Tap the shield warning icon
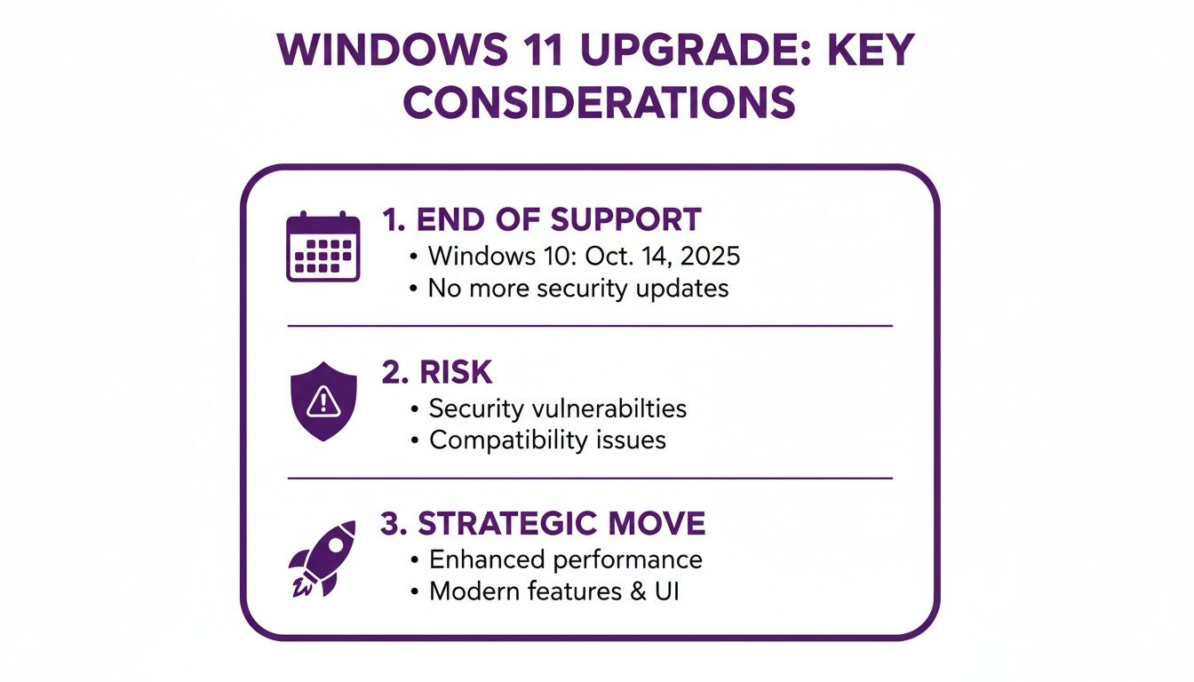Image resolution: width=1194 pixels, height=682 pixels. click(323, 401)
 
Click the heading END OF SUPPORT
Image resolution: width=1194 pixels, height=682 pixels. click(541, 219)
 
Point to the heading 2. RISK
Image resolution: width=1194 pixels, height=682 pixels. click(436, 373)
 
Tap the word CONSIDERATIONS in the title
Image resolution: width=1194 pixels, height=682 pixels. click(598, 104)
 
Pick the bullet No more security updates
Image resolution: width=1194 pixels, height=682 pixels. click(578, 288)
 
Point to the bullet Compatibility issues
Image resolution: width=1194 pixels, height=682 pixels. click(547, 440)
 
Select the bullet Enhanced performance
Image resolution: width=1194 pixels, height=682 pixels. click(565, 559)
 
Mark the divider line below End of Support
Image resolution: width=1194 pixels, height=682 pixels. click(590, 326)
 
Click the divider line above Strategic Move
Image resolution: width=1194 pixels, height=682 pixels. click(590, 479)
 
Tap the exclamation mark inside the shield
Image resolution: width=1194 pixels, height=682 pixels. click(323, 402)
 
